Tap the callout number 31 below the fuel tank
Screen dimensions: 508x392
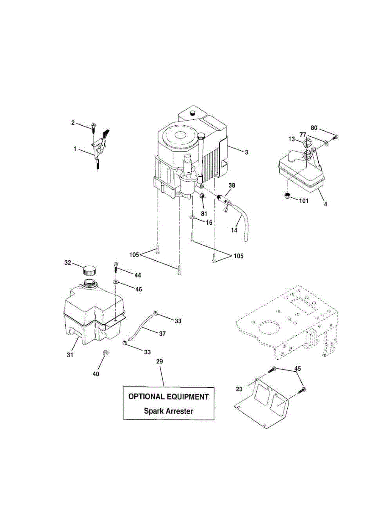click(70, 355)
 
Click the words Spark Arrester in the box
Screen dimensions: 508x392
click(168, 411)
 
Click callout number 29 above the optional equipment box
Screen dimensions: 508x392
click(159, 362)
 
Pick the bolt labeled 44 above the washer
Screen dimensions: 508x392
click(115, 268)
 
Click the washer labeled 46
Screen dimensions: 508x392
click(115, 281)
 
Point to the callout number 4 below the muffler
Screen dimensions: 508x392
click(325, 204)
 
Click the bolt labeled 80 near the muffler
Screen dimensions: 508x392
click(336, 137)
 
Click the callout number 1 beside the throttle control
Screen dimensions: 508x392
click(75, 149)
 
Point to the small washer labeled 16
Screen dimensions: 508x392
click(192, 218)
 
